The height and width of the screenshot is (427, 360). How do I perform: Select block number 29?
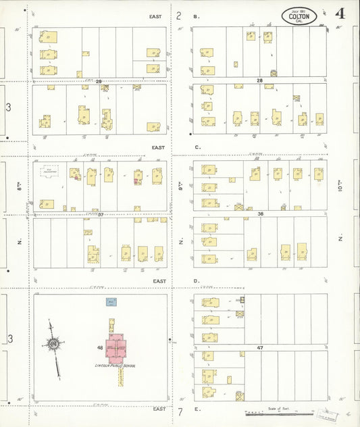[99, 81]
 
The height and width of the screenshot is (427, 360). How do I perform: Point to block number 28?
[259, 80]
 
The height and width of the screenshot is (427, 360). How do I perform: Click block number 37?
[100, 215]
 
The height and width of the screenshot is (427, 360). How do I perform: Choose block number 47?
[259, 347]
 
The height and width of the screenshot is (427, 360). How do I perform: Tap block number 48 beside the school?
[100, 348]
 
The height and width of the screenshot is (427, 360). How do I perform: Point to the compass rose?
[53, 345]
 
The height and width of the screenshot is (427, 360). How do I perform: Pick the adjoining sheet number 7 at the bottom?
[180, 411]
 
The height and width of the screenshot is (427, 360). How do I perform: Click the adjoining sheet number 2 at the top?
[179, 15]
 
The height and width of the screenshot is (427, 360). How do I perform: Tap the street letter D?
[197, 280]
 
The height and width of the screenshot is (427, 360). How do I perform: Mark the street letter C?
[197, 147]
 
